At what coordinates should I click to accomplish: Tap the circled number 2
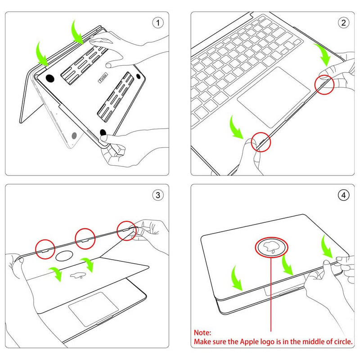tap(343, 22)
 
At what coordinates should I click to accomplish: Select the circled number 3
tap(157, 195)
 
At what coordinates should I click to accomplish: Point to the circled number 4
tap(343, 195)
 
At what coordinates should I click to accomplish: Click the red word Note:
tap(202, 333)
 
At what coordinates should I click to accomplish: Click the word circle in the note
tap(341, 342)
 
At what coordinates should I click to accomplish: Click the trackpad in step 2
tap(274, 97)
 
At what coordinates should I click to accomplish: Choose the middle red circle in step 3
tap(85, 238)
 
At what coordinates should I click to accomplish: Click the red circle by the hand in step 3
tap(127, 231)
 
